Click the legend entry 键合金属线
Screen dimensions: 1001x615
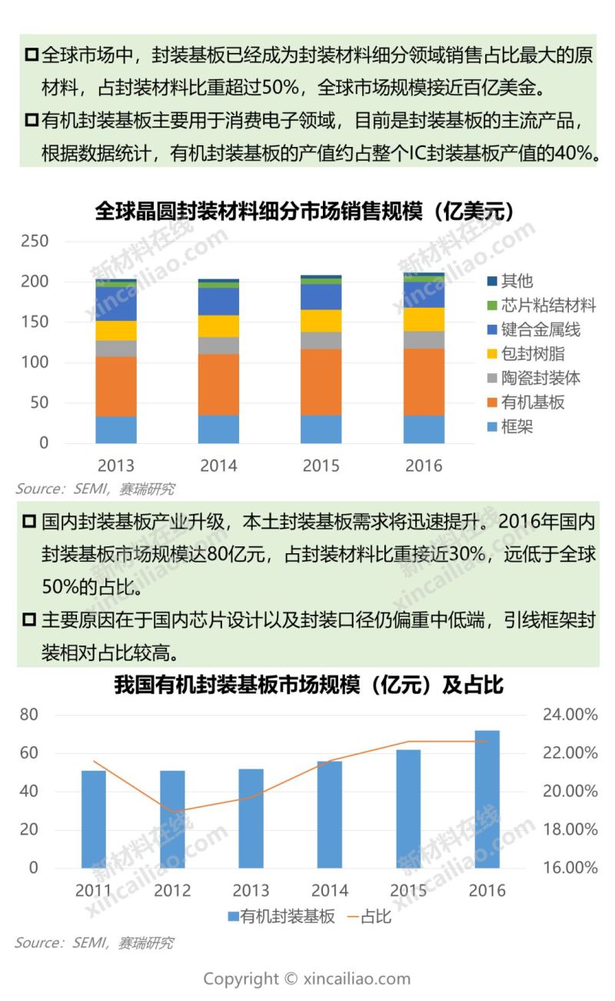tap(540, 330)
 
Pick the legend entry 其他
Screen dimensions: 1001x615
tap(517, 282)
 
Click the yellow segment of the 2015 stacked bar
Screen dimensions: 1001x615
tap(321, 321)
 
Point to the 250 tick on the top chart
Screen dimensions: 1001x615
tap(35, 242)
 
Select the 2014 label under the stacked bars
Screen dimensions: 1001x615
tap(218, 465)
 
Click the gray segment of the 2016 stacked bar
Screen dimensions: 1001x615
tap(424, 339)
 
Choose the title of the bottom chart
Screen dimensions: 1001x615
tap(308, 685)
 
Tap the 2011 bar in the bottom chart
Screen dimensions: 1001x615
tap(94, 819)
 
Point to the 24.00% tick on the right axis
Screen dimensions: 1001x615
tap(570, 715)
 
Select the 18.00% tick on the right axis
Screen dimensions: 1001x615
tap(570, 829)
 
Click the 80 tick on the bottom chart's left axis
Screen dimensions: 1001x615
tap(28, 715)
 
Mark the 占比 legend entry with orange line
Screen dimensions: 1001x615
tap(368, 916)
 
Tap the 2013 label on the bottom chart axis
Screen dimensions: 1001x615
tap(251, 891)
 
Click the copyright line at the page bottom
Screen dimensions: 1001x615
tap(307, 979)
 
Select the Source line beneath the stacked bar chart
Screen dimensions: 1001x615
tap(95, 489)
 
